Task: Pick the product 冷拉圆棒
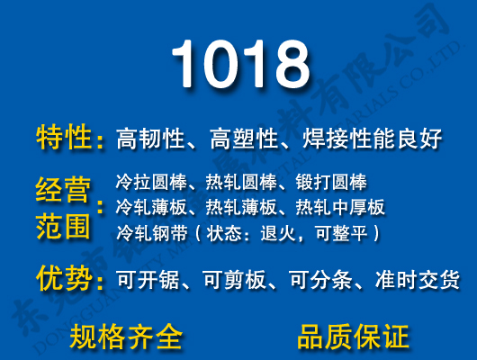[x=148, y=183]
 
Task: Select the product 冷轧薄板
[x=148, y=208]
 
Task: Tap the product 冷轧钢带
[x=148, y=233]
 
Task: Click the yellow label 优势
[x=65, y=279]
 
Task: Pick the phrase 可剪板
[x=232, y=281]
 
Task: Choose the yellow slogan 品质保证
[x=353, y=337]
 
